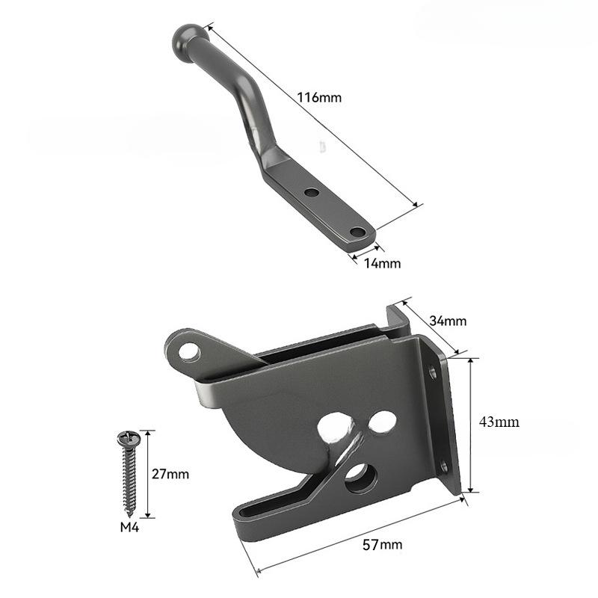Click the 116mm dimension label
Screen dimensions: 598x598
tap(318, 98)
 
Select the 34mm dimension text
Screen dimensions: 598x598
tap(449, 321)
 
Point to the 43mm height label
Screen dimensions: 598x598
tap(499, 422)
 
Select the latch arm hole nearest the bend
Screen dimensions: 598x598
tap(312, 192)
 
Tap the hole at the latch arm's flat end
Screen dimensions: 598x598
tap(357, 232)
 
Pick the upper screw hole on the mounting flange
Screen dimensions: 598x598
tap(432, 371)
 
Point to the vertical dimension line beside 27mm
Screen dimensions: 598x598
tap(149, 474)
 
